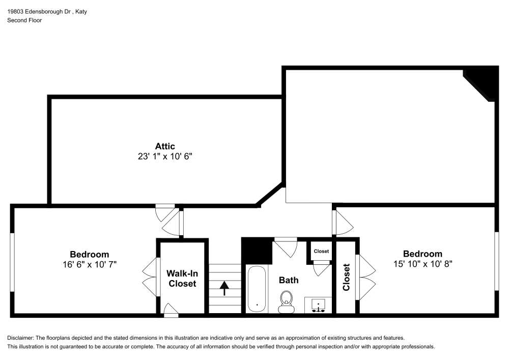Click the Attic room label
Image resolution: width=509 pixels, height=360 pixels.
[165, 147]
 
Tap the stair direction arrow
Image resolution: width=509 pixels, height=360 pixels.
[224, 289]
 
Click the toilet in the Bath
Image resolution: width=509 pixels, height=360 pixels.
[286, 301]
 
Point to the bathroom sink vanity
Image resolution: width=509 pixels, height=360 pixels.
[318, 305]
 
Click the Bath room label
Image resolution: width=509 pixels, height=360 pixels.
[289, 280]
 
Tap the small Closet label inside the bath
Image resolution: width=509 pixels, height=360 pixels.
[321, 251]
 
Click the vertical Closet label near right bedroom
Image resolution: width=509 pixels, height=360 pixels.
[347, 277]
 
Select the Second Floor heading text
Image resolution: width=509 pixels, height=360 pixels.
[24, 20]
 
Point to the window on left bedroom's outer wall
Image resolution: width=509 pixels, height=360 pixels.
[12, 263]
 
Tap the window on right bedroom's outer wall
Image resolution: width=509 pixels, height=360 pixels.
[497, 262]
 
